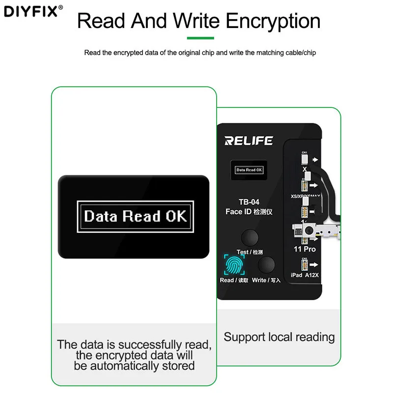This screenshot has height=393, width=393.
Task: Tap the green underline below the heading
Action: click(x=200, y=38)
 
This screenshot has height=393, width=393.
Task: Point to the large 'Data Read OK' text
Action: click(x=136, y=216)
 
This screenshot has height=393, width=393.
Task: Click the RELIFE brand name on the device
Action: click(x=248, y=141)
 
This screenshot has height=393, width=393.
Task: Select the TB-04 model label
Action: click(x=249, y=202)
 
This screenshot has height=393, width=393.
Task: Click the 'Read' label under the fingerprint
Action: click(x=227, y=281)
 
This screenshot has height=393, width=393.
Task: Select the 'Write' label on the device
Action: click(x=259, y=281)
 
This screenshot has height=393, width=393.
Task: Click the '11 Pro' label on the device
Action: click(x=305, y=250)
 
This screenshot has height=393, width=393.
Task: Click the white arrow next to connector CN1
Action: click(x=315, y=160)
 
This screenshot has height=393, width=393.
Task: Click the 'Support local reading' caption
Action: click(x=279, y=337)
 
